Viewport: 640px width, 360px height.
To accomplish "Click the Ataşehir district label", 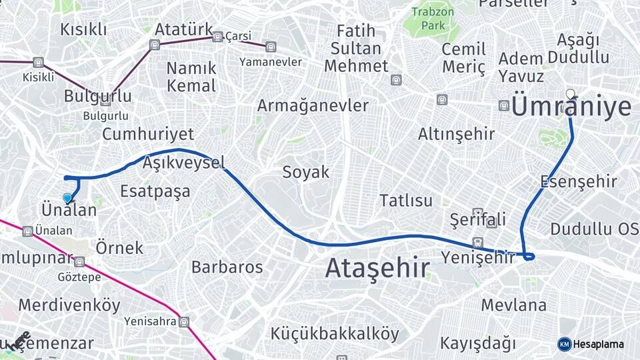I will coord(377,268).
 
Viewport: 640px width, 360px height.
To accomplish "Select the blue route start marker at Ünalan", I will coord(67,198).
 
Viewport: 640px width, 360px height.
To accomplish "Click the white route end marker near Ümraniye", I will coord(570,94).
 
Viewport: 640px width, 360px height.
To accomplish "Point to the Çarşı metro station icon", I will coord(217,37).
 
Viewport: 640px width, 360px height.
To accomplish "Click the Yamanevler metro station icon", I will coord(270,47).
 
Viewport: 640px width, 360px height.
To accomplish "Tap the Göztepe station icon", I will coord(79,262).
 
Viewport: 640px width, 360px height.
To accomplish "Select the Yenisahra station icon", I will coord(184,322).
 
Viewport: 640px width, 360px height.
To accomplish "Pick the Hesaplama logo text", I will coord(599,344).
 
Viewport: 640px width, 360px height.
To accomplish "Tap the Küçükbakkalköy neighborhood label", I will coord(335,333).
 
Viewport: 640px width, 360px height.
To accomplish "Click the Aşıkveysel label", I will coord(183,162).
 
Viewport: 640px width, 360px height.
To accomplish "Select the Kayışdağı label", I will coord(478,343).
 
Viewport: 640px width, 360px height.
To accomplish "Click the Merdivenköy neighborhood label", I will coord(69,305).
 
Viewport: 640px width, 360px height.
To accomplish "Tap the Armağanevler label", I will coord(313,105).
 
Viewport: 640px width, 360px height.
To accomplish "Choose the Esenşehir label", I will coord(579,181).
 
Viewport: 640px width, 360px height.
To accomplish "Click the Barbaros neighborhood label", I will coord(227,267).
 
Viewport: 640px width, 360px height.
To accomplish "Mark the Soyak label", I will coord(306,172).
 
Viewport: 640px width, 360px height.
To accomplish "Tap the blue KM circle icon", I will coord(565,344).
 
